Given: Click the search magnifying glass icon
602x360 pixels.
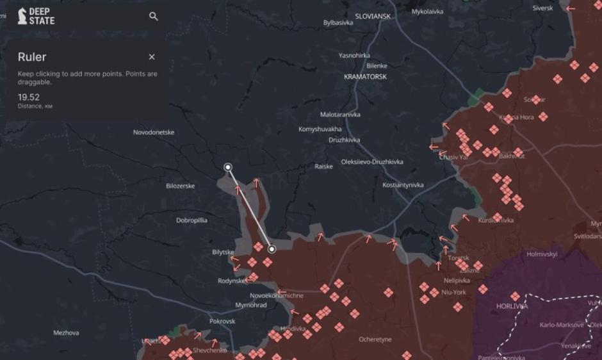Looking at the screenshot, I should (x=154, y=16).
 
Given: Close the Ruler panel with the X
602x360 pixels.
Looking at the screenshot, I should (x=152, y=57).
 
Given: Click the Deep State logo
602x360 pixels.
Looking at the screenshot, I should (x=36, y=16).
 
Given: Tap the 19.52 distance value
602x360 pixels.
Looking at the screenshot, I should (x=29, y=97).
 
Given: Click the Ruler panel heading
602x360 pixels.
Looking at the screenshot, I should (x=32, y=57).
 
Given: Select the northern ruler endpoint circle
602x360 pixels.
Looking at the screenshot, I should (x=228, y=167).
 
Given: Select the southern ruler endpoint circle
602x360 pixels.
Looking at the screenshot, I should (x=272, y=249).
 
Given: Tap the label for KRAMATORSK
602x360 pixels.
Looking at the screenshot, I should (x=365, y=77).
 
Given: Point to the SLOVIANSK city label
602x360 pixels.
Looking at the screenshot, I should (x=373, y=16).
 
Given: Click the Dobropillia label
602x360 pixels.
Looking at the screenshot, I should (x=191, y=220).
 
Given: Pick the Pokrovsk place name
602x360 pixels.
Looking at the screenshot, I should (x=222, y=321).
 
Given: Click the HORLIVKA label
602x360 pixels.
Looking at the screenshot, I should (x=512, y=306).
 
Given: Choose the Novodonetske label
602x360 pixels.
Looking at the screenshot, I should (x=154, y=132).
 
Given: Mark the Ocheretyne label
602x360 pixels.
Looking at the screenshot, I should (x=375, y=340).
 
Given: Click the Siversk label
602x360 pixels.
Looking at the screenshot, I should (x=542, y=8).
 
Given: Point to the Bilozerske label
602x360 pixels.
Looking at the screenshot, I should (x=180, y=186).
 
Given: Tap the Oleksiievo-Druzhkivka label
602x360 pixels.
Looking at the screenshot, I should (x=372, y=162).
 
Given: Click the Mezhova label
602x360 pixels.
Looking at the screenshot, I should (x=66, y=333).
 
